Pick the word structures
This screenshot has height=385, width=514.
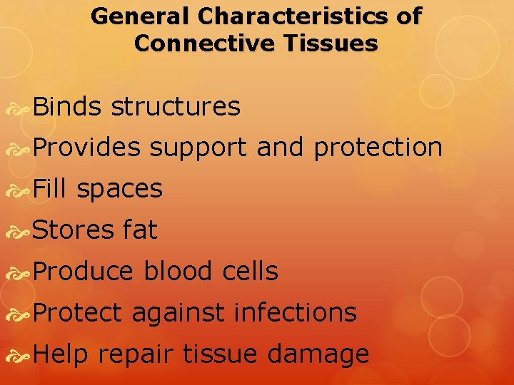pos(176,107)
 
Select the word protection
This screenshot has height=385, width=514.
pos(378,148)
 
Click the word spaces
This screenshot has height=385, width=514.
pos(119,189)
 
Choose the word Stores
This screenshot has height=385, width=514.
pos(74,230)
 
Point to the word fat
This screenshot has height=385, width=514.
pos(140,230)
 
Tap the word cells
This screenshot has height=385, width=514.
pos(249,271)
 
